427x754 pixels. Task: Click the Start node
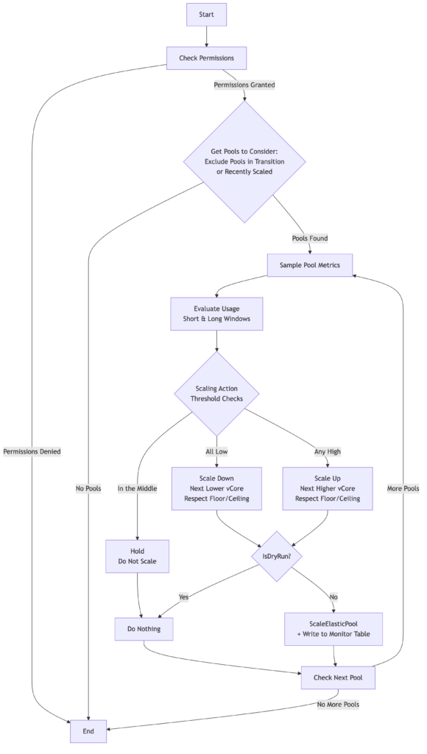coord(206,15)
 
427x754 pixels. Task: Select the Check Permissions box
coord(206,57)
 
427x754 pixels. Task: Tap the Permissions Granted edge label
coord(244,85)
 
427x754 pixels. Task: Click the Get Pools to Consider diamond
coord(244,161)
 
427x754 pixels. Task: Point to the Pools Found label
coord(310,238)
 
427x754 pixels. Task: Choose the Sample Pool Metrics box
coord(310,265)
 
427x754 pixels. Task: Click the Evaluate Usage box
coord(216,314)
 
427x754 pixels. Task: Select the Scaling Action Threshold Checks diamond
coord(216,393)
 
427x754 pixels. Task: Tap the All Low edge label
coord(216,451)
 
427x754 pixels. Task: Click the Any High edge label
coord(328,451)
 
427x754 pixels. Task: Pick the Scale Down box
coord(216,488)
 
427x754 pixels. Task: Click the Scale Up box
coord(328,488)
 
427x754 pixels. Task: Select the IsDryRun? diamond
coord(276,556)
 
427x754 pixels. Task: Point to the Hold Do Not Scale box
coord(138,556)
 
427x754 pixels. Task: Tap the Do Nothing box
coord(144,629)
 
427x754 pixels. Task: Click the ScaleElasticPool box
coord(334,628)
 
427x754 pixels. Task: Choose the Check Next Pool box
coord(338,677)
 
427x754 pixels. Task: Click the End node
coord(88,731)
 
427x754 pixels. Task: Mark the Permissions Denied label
coord(32,451)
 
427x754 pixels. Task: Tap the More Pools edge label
coord(403,488)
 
